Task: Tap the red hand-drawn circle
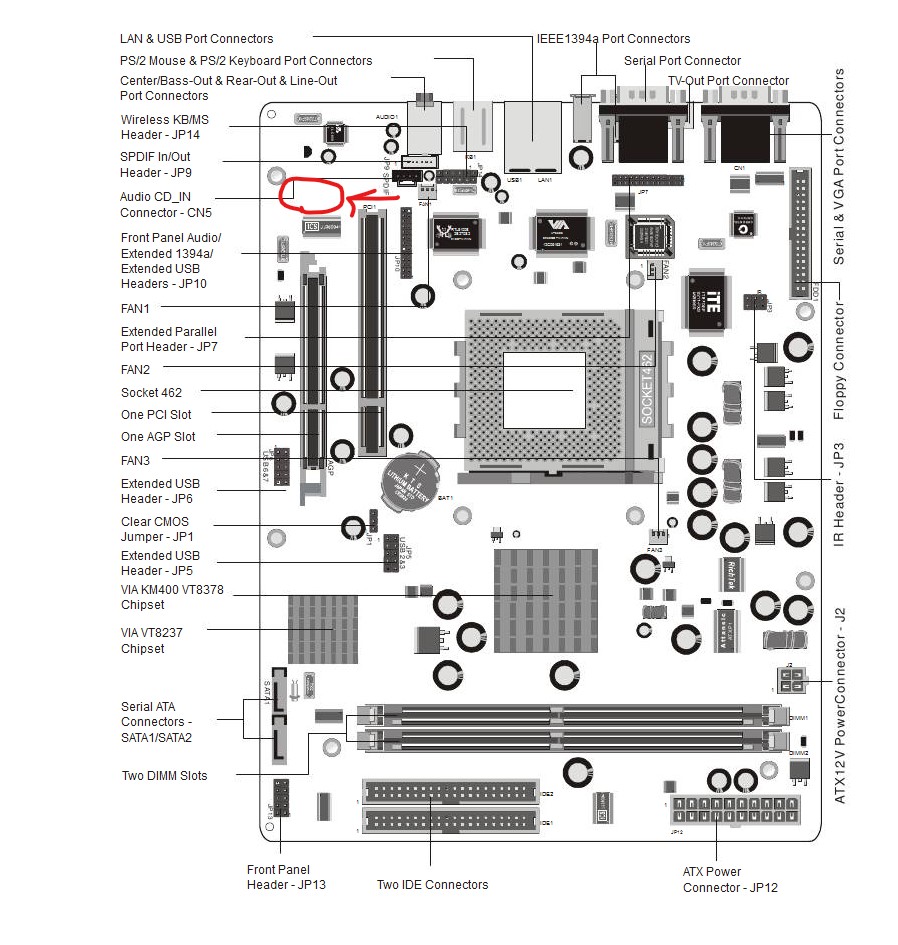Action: (312, 194)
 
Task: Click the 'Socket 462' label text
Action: (151, 393)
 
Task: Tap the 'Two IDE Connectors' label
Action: (432, 885)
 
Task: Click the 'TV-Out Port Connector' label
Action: (728, 81)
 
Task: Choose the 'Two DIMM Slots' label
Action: (164, 776)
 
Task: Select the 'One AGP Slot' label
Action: (158, 437)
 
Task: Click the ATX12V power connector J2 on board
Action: (789, 681)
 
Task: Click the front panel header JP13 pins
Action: (281, 798)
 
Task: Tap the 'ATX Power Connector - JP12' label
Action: (729, 880)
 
